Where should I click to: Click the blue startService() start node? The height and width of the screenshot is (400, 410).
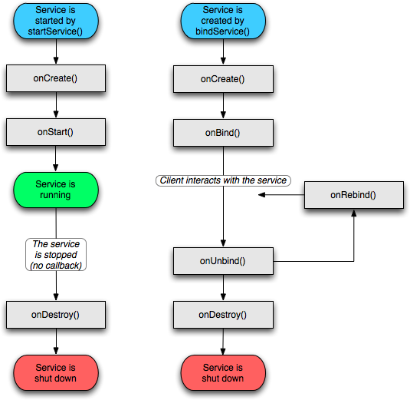click(x=56, y=21)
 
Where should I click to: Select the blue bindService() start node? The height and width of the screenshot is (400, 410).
click(x=223, y=21)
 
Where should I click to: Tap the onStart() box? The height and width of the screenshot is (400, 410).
click(x=56, y=132)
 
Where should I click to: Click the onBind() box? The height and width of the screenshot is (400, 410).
click(x=223, y=133)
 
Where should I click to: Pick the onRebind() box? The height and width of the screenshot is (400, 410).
click(x=354, y=195)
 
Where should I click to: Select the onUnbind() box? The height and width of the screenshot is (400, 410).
click(x=223, y=261)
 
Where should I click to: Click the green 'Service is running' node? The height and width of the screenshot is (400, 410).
click(x=56, y=190)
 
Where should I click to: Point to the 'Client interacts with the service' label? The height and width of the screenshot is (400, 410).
click(x=223, y=180)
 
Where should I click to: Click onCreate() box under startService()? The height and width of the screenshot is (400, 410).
click(x=56, y=78)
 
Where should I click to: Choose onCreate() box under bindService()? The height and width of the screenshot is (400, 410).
click(x=223, y=79)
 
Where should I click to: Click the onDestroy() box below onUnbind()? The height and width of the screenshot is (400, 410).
click(x=223, y=315)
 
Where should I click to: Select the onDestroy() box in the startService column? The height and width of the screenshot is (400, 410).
click(x=56, y=315)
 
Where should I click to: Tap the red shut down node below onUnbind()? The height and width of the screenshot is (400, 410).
click(x=223, y=373)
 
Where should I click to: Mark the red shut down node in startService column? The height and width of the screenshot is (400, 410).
click(x=56, y=373)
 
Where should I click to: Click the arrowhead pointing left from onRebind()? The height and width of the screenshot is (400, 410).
click(x=261, y=195)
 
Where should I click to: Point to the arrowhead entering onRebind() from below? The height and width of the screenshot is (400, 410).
click(x=354, y=213)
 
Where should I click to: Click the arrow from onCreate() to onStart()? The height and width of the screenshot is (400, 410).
click(x=56, y=105)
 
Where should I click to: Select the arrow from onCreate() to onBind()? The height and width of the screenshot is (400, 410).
click(x=223, y=106)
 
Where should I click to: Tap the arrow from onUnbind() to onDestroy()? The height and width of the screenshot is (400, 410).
click(x=223, y=288)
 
